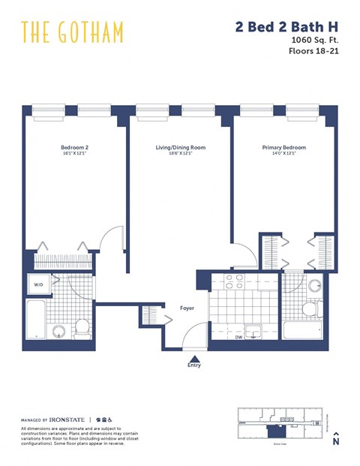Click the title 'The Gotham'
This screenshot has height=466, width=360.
[x=72, y=32]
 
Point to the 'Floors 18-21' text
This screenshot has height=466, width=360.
[x=313, y=53]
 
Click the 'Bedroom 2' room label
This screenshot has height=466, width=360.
[x=74, y=148]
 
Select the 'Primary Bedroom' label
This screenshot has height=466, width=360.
[x=283, y=148]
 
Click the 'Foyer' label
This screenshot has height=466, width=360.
[x=187, y=308]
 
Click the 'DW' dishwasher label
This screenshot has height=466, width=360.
[x=238, y=338]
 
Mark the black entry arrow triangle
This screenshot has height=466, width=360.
[x=194, y=359]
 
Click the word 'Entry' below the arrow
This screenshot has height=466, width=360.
[x=194, y=367]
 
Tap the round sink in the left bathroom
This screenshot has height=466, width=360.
[x=58, y=331]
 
